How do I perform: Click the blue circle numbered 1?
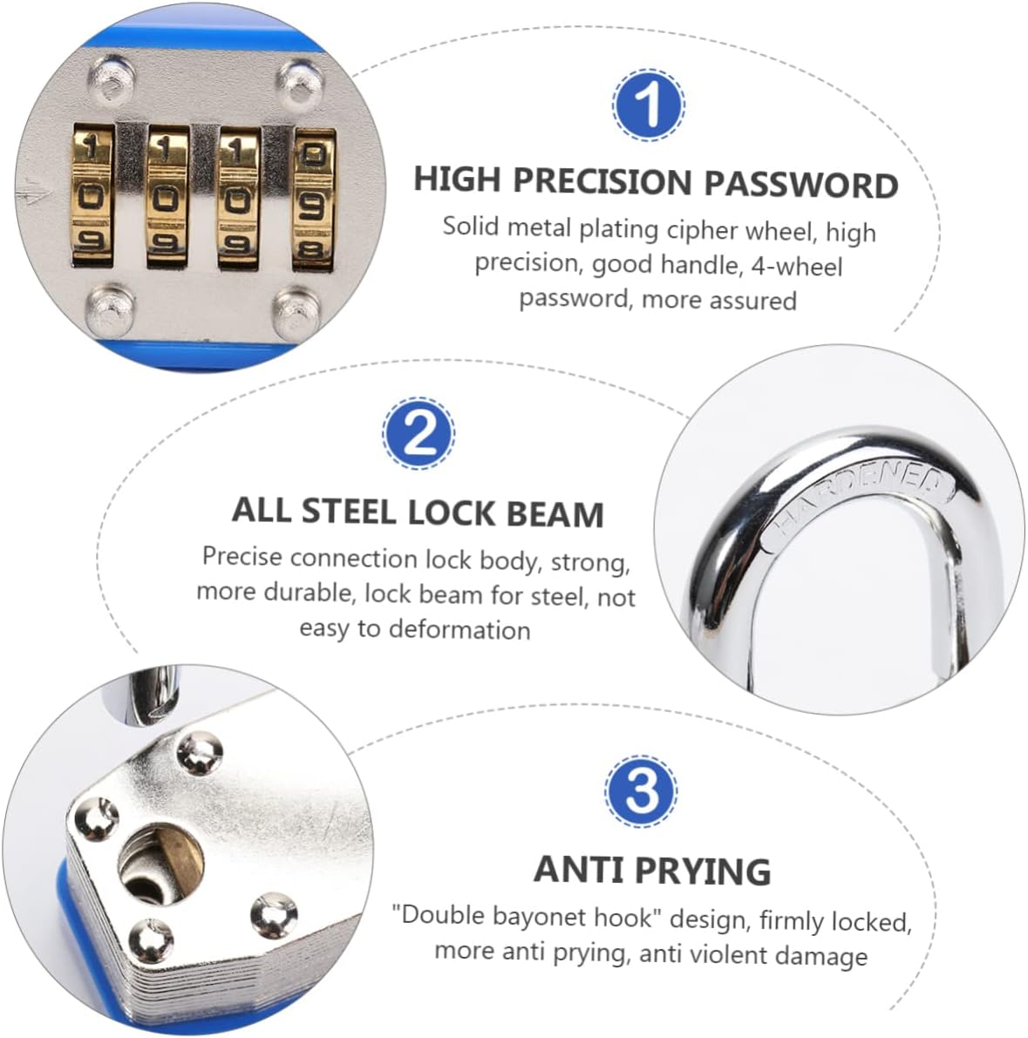tap(649, 105)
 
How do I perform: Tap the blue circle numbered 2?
tap(419, 433)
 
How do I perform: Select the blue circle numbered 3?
tap(642, 791)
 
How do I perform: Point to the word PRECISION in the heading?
tap(602, 181)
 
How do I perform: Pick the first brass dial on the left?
tap(92, 196)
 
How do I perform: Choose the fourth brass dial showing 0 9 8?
tap(313, 197)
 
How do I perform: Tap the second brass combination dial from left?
tap(167, 196)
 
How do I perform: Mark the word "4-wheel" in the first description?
tap(796, 266)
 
